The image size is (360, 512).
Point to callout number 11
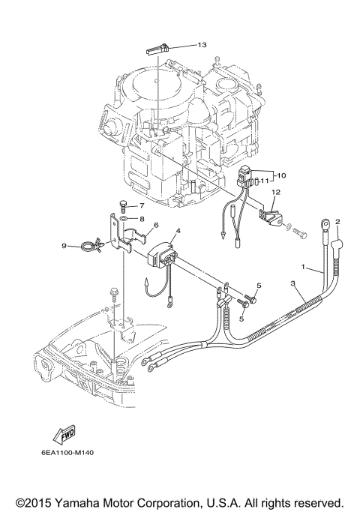click(x=264, y=181)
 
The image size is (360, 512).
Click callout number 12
click(x=275, y=192)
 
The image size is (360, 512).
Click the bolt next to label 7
click(x=123, y=205)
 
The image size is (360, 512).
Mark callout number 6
click(x=156, y=224)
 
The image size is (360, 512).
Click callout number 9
click(x=65, y=245)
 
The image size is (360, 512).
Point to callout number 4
click(x=178, y=232)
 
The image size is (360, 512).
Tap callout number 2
click(x=337, y=222)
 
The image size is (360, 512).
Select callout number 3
click(x=294, y=283)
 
